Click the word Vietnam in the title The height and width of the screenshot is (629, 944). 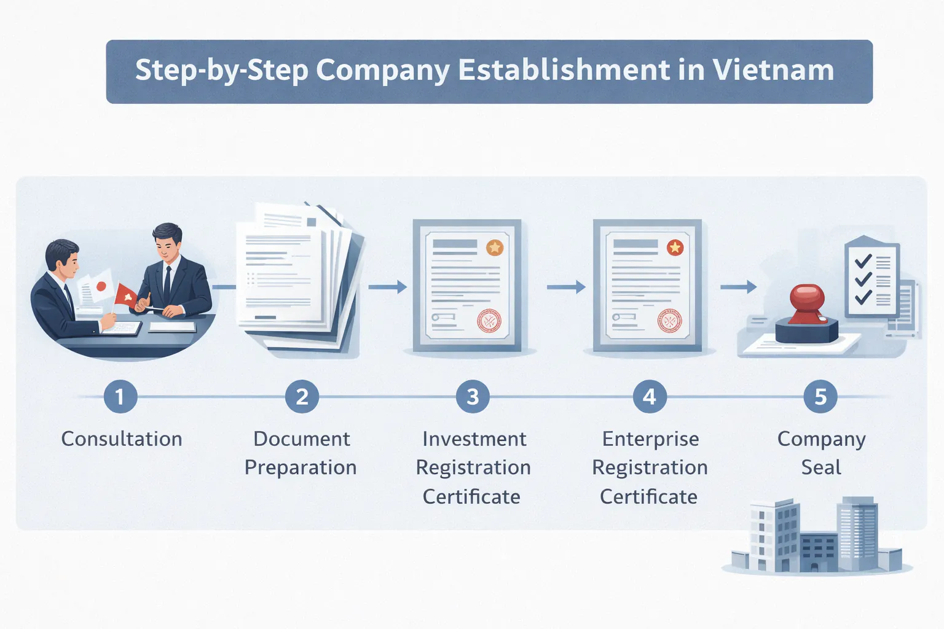pyautogui.click(x=773, y=71)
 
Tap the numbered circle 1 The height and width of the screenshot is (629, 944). pyautogui.click(x=120, y=397)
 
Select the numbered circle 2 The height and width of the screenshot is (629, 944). pyautogui.click(x=302, y=397)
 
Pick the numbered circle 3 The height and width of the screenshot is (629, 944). pyautogui.click(x=473, y=397)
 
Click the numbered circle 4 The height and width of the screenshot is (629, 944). pyautogui.click(x=650, y=397)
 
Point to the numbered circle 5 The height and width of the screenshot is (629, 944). pyautogui.click(x=820, y=397)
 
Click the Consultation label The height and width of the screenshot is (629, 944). pyautogui.click(x=122, y=439)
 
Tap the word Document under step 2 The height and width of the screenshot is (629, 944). pyautogui.click(x=302, y=439)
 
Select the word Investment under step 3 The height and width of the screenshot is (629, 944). pyautogui.click(x=474, y=439)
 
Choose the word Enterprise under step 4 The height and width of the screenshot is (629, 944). pyautogui.click(x=650, y=439)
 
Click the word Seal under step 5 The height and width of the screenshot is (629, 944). pyautogui.click(x=821, y=468)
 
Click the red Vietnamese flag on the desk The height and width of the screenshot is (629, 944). pyautogui.click(x=127, y=296)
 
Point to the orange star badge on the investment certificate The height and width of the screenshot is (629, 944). pyautogui.click(x=495, y=248)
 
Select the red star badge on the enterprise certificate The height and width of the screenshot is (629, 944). pyautogui.click(x=675, y=248)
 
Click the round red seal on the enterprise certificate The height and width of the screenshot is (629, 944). pyautogui.click(x=669, y=321)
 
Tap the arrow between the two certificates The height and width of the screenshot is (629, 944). pyautogui.click(x=566, y=287)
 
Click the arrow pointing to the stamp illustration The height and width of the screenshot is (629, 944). pyautogui.click(x=738, y=287)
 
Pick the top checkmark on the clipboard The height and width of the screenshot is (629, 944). pyautogui.click(x=863, y=260)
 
